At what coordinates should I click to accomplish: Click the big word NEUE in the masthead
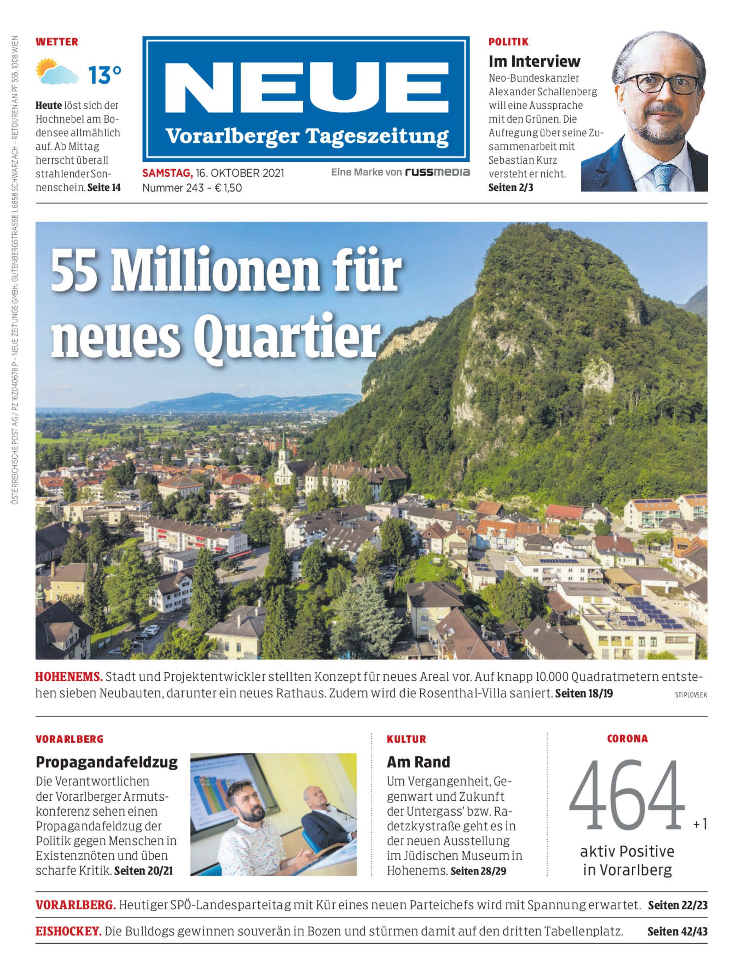coord(306,87)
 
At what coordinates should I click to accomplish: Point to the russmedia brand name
coord(437,172)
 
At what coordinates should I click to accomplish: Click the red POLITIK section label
coord(508,42)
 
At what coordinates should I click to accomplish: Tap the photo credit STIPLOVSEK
coord(691,695)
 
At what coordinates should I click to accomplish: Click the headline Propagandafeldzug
coord(107,762)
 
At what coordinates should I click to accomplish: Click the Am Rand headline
coord(418,762)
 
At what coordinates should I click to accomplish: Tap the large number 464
coord(627,795)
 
